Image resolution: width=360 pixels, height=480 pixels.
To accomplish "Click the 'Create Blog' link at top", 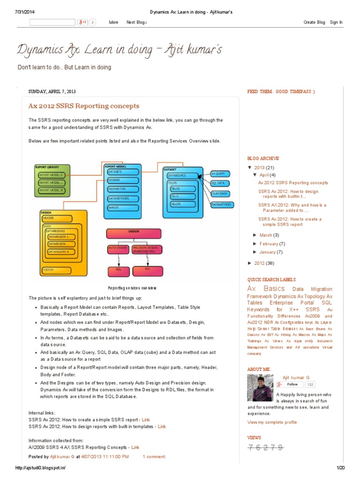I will coord(314,22).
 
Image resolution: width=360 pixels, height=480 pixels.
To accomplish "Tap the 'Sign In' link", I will coord(336,22).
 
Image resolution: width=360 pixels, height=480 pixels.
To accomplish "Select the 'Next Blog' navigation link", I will coord(136,22).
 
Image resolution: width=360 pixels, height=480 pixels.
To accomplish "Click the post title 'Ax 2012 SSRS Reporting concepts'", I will coord(84,106).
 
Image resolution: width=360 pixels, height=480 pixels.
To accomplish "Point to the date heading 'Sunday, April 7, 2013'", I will coord(52,91).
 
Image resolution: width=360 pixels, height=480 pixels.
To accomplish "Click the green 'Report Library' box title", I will coord(48,166).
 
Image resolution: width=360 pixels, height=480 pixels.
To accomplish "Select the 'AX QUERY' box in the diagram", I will coord(219,173).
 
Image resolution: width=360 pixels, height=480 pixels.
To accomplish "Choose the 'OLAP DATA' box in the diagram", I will coord(219,193).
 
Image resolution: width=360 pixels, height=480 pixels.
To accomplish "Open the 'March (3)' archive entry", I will coord(269,235).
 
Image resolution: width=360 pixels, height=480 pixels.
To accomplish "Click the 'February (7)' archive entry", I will coord(272,244).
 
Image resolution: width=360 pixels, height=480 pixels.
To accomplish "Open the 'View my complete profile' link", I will coord(272,422).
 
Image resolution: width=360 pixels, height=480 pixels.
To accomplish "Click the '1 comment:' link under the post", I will coord(154,456).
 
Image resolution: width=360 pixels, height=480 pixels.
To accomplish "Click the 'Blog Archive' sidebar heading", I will coord(263,158).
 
